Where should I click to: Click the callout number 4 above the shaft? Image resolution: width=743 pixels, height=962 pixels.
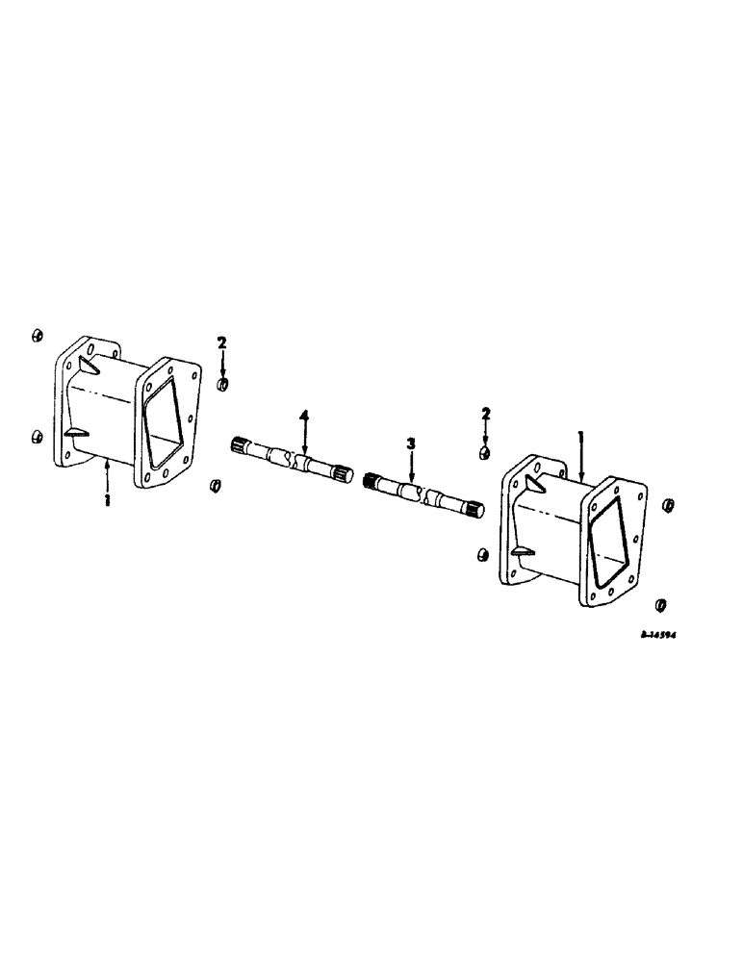coord(305,416)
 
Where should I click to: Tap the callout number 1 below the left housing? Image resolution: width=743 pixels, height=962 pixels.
coord(107,500)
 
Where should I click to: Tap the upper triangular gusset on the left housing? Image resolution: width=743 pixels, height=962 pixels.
coord(90,365)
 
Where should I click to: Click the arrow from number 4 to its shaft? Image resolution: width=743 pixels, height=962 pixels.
coord(305,438)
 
